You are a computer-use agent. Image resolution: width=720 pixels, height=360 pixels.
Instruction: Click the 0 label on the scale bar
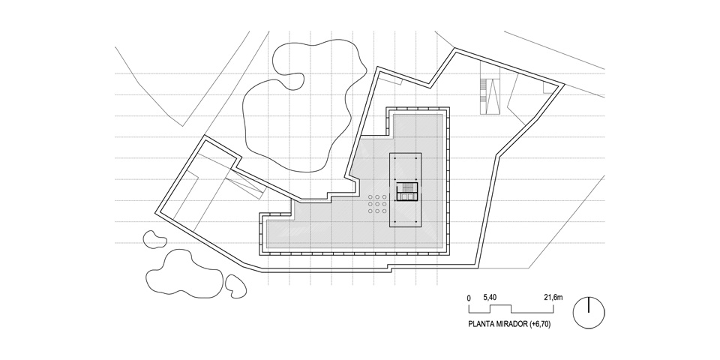469,298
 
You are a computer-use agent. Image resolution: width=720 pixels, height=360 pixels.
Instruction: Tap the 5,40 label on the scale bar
490,297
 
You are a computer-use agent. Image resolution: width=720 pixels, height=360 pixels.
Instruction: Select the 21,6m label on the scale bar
553,297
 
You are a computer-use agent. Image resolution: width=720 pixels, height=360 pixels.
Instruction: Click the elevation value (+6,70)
540,324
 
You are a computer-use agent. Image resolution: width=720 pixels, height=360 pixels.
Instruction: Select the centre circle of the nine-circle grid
378,204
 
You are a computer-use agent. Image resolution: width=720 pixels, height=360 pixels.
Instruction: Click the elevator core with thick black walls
407,191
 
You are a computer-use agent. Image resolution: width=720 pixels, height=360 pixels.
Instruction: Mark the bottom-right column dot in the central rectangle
416,223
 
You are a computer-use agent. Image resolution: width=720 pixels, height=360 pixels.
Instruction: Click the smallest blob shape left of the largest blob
154,238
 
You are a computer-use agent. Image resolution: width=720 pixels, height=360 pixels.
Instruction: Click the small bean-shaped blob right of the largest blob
236,286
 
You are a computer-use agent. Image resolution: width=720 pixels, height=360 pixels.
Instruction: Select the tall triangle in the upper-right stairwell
494,97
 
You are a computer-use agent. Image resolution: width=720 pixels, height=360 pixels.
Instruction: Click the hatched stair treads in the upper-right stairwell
483,91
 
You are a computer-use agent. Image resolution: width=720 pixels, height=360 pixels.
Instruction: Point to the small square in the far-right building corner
549,87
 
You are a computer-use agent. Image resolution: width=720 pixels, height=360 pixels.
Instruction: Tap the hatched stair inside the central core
407,187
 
